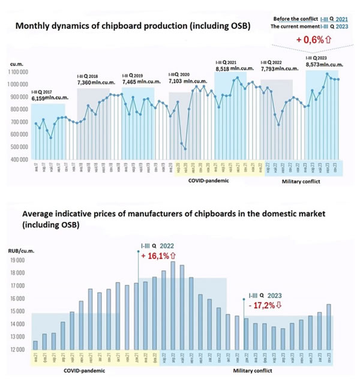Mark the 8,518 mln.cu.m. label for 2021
235,69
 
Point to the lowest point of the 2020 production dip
185,149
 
